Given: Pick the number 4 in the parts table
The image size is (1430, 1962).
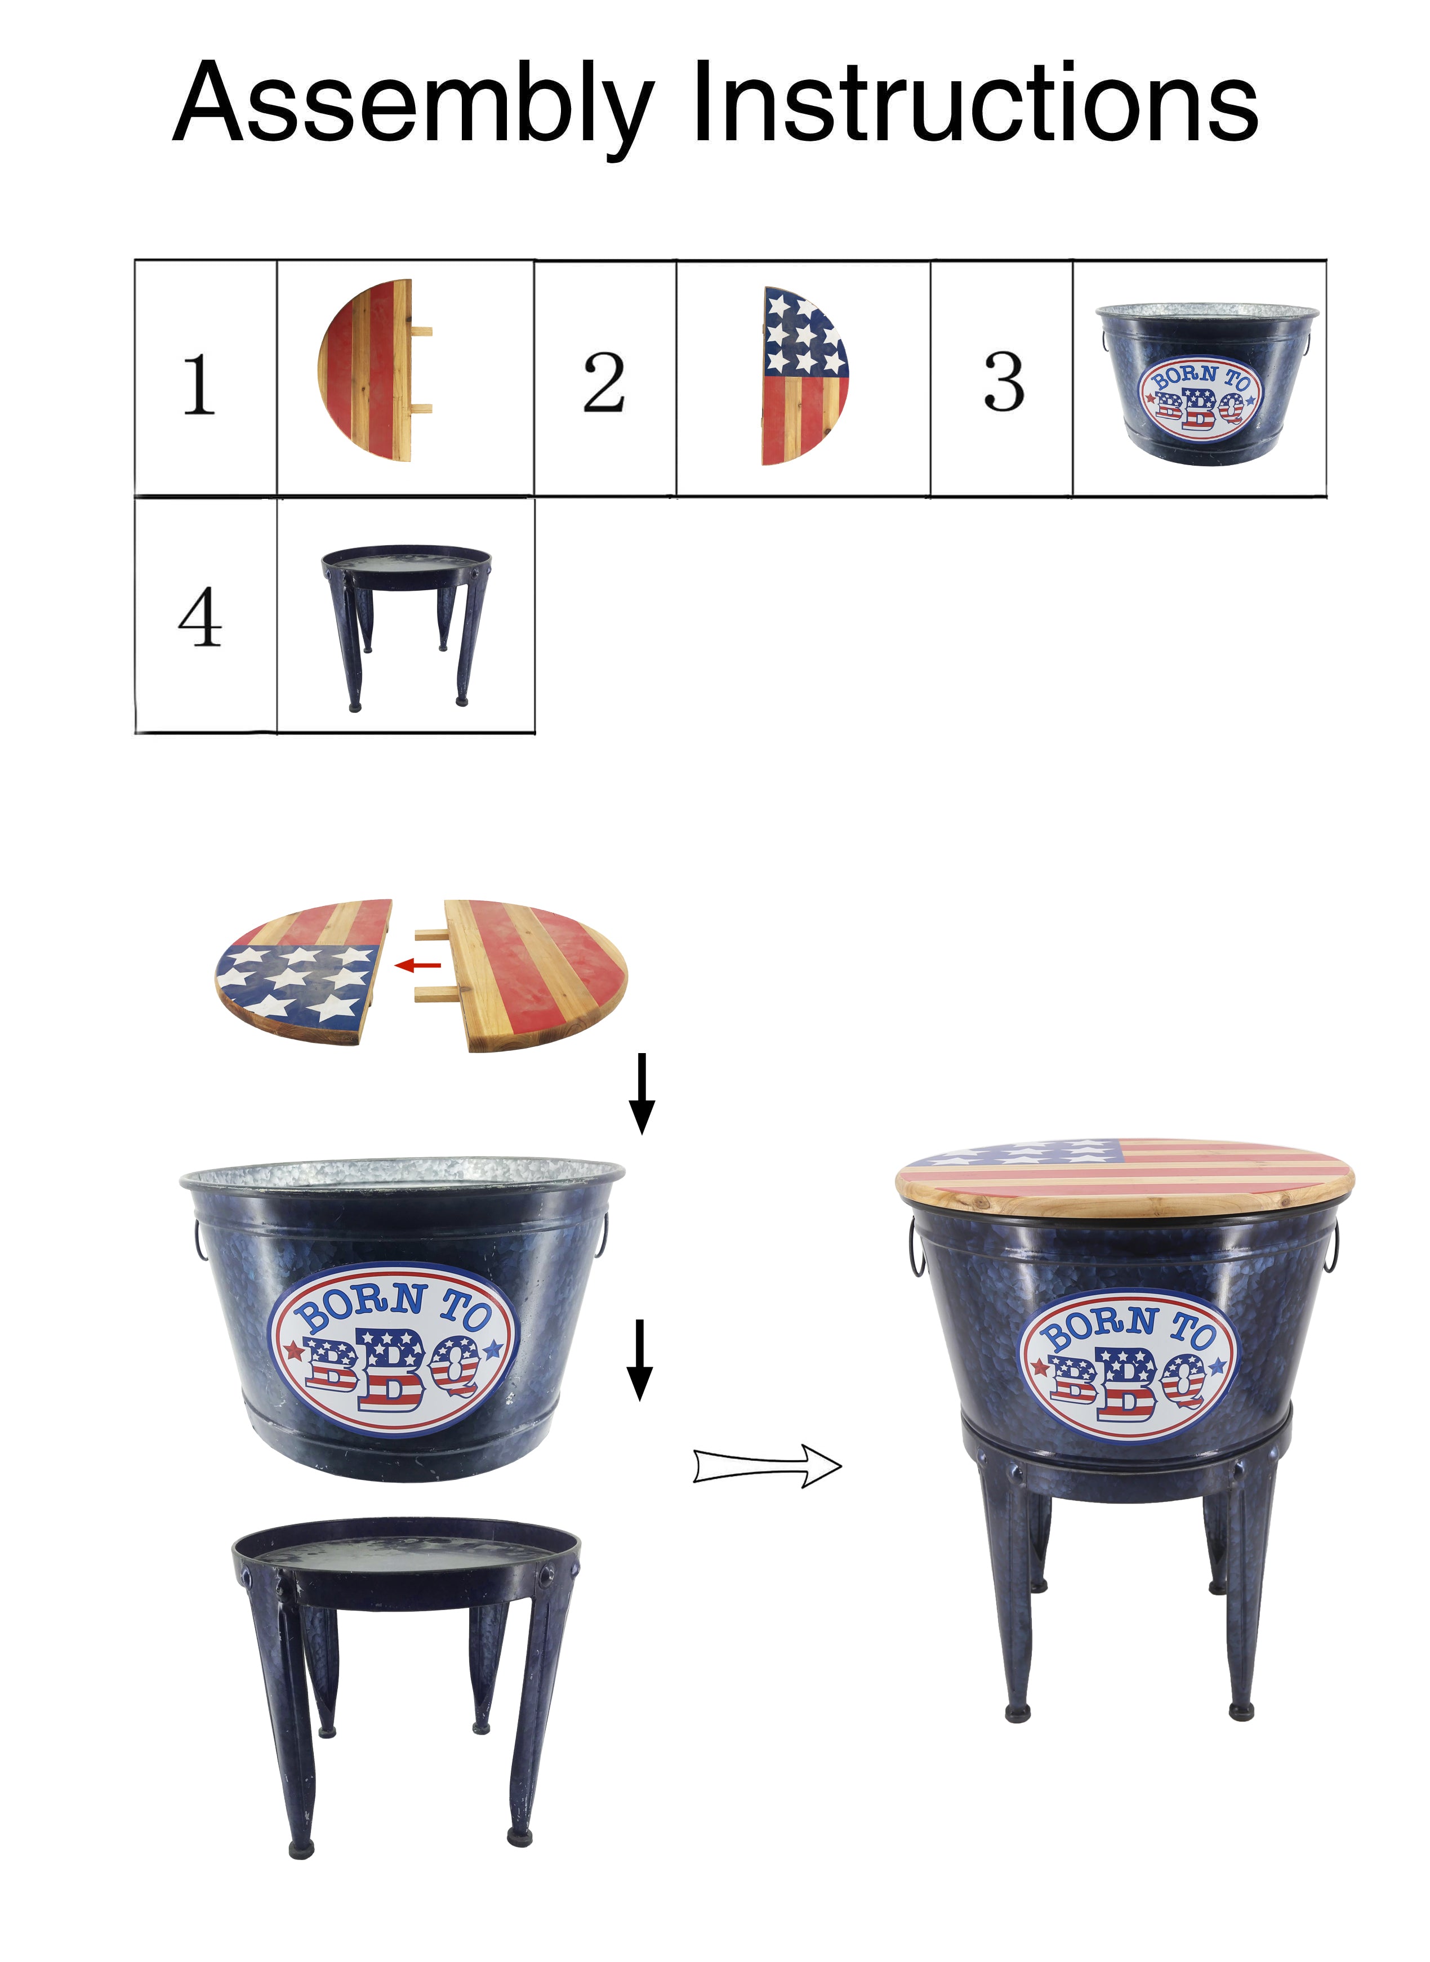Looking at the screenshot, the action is [200, 617].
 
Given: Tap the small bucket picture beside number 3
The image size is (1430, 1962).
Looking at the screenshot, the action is [1206, 384].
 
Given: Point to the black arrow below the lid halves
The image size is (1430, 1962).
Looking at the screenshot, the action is [642, 1093].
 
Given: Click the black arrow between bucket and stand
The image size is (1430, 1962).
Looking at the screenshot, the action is [640, 1359].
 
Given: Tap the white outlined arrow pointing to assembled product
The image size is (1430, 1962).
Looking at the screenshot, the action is [767, 1466].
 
